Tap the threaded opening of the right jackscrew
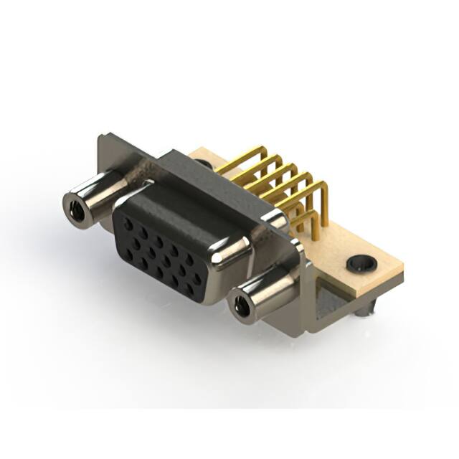(241, 307)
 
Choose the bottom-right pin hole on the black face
(190, 290)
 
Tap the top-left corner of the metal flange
(103, 136)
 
